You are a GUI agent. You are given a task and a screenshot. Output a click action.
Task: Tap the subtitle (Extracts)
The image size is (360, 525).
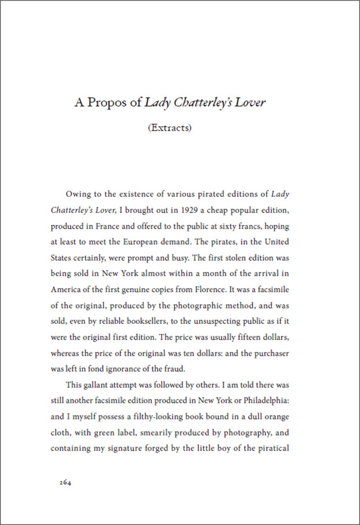coord(170,128)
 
